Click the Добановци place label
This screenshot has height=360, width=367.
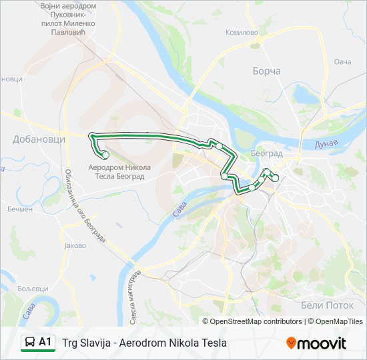[39, 139]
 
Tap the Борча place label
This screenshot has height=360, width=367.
[266, 71]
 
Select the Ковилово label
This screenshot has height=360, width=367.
[242, 31]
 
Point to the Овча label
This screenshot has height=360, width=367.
[342, 61]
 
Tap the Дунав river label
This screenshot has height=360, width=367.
[326, 144]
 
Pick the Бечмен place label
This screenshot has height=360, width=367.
[19, 209]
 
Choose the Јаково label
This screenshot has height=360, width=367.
[75, 245]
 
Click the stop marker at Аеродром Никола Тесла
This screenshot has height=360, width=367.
[105, 155]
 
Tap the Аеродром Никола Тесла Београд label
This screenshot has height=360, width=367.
[120, 171]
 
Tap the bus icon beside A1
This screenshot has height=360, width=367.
[29, 343]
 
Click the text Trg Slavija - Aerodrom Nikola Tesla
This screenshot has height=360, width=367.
[144, 343]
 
